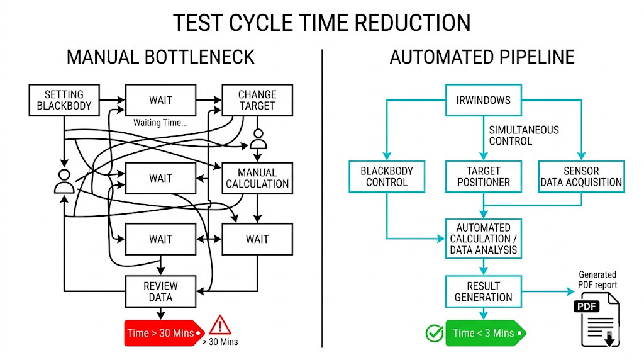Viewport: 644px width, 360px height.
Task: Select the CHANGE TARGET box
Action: pos(257,100)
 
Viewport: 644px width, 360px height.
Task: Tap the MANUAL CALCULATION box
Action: pos(257,178)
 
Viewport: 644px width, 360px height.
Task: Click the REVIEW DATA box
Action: pos(160,291)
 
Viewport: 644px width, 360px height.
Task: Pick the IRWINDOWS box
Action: pos(483,100)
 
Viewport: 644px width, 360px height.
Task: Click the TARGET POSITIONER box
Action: pos(483,177)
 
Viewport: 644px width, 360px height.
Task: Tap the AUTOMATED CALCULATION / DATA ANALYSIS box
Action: pos(483,239)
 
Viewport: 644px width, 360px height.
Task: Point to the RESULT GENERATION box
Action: pos(483,291)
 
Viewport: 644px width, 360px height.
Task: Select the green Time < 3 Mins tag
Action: pos(485,333)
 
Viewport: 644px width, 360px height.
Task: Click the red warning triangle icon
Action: pos(220,325)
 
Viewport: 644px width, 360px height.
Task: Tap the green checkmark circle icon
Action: pos(434,333)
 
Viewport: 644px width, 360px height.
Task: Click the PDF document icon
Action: pos(596,322)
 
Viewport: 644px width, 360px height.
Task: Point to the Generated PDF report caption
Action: pos(597,279)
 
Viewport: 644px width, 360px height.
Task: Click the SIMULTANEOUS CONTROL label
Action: pos(523,135)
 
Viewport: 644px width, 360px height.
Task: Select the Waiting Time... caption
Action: pos(160,123)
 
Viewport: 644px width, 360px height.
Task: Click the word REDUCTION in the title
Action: pos(413,23)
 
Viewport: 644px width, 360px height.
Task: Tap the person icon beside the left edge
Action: pos(64,181)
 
